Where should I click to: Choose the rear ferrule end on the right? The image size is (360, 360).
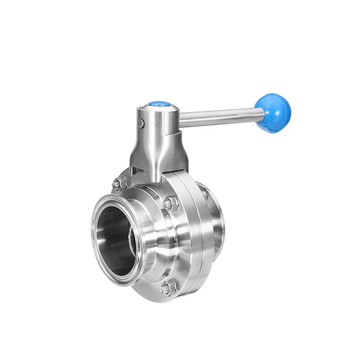tap(218, 229)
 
